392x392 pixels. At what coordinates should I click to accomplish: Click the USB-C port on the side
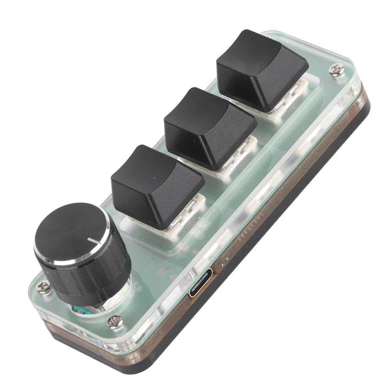tap(200, 283)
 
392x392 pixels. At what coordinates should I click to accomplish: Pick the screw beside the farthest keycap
tap(336, 70)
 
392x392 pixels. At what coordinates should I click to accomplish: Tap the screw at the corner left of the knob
tap(43, 287)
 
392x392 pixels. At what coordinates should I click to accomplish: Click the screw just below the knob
tap(115, 321)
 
